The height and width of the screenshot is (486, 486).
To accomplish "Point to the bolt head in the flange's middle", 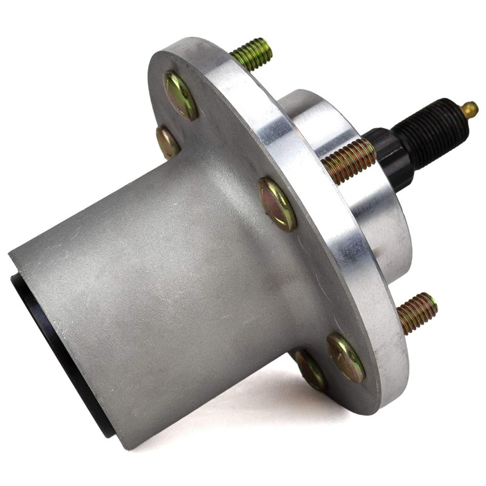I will point(278,203).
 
